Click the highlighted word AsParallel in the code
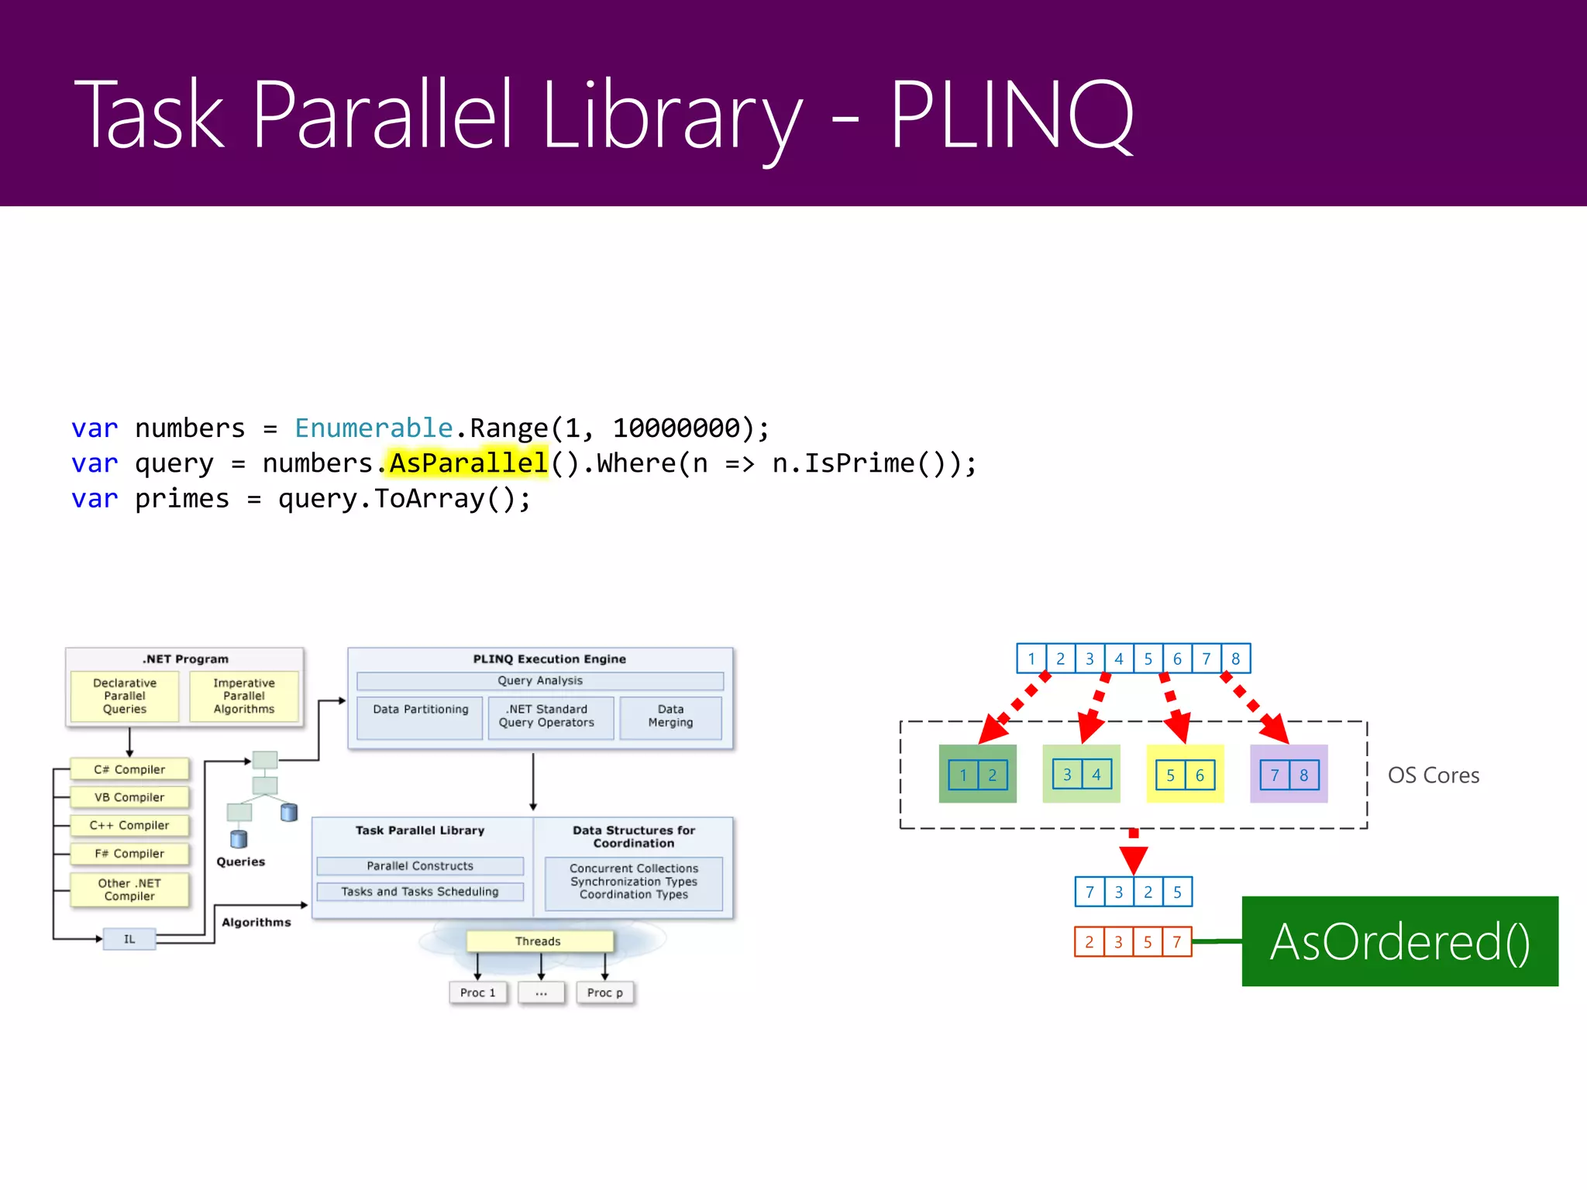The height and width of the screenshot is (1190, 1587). pos(468,463)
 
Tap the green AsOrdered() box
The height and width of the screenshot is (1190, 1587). pos(1399,941)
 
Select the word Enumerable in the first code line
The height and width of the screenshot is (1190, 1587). pos(374,428)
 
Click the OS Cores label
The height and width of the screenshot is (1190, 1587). pos(1433,775)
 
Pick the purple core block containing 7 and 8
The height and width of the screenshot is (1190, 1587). pos(1289,774)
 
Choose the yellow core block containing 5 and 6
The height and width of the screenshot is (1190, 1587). pos(1185,774)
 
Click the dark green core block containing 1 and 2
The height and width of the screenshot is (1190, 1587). pos(977,774)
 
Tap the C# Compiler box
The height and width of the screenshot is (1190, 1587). pos(129,769)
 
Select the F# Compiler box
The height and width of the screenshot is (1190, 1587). pos(129,853)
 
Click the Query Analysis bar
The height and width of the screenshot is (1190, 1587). pos(540,680)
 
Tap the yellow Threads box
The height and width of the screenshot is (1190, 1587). pos(539,941)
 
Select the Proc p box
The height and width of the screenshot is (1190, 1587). pos(604,992)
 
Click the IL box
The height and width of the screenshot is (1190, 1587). pos(129,939)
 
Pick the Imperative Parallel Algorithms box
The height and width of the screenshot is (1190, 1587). pos(244,696)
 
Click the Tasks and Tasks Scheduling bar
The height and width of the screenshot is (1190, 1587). pos(420,892)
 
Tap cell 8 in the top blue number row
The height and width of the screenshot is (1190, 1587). pos(1236,659)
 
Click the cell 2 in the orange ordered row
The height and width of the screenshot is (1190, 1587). pos(1089,942)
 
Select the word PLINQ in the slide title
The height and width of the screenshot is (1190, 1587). pos(1011,116)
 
